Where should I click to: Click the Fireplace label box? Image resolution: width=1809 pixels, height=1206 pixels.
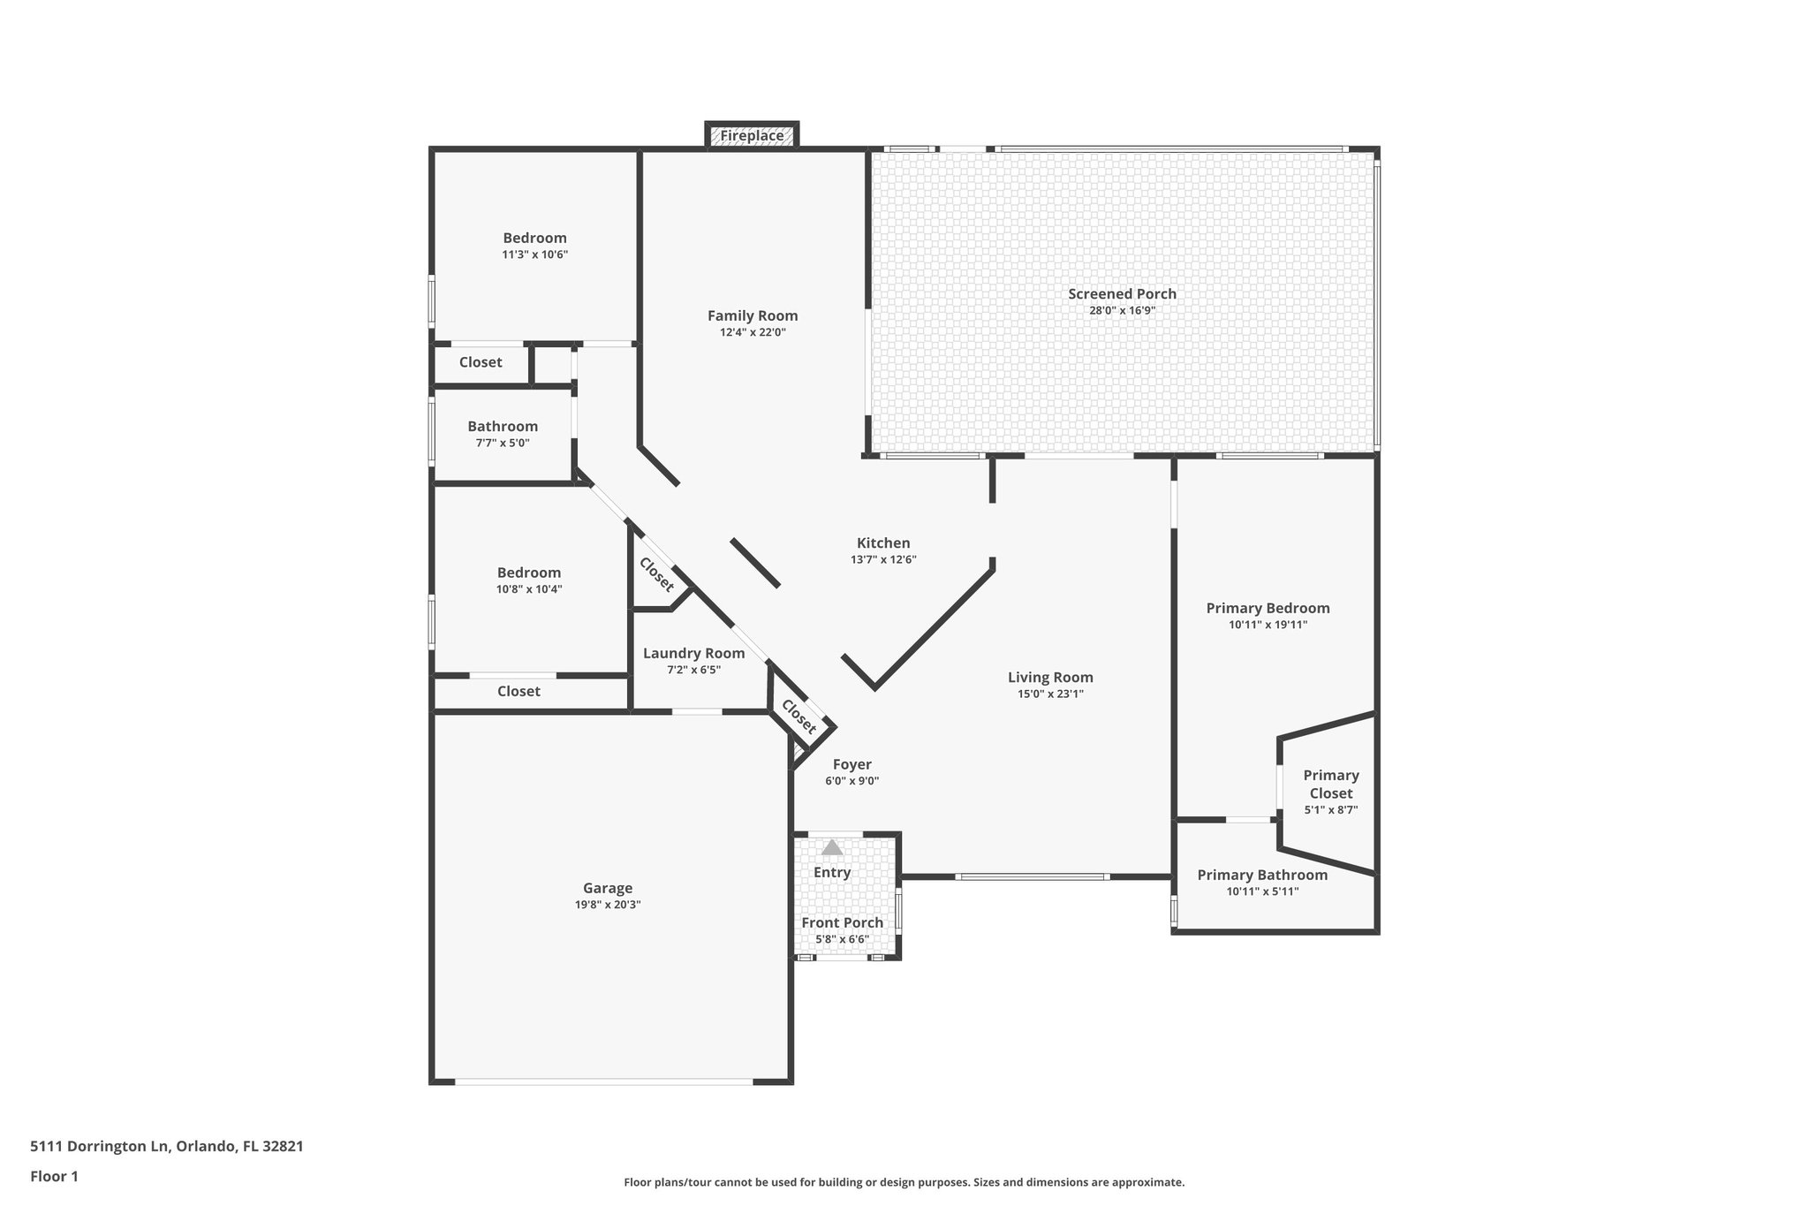[752, 136]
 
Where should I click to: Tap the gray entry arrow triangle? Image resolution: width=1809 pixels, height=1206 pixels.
[832, 848]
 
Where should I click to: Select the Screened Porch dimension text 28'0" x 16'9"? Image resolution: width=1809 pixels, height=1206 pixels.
[1122, 311]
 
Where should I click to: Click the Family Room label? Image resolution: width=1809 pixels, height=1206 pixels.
[753, 316]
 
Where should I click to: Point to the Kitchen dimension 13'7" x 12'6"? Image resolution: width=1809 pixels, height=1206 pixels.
[883, 560]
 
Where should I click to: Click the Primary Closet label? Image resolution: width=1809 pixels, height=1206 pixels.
[1331, 784]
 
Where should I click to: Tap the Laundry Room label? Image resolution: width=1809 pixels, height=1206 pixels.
[693, 654]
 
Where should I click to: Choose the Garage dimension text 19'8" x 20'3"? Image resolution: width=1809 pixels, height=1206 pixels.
[608, 906]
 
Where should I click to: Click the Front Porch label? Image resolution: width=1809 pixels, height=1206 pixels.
[842, 923]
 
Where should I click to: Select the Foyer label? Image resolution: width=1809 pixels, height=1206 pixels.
[852, 765]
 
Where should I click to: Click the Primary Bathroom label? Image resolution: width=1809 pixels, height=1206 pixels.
[1262, 876]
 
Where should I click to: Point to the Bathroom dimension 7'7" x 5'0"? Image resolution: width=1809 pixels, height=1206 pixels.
[503, 444]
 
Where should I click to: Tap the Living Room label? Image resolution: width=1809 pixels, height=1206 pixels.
[1050, 678]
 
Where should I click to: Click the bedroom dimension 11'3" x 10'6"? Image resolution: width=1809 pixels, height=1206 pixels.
[534, 255]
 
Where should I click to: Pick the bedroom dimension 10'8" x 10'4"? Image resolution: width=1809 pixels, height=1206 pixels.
[529, 589]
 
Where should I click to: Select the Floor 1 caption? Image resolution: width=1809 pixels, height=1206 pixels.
[55, 1177]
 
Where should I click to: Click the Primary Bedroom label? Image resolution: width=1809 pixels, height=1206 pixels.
[1268, 608]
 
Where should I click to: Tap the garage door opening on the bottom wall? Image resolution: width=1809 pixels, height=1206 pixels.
[604, 1081]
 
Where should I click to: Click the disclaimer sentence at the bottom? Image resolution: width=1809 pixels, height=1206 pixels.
[904, 1183]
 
